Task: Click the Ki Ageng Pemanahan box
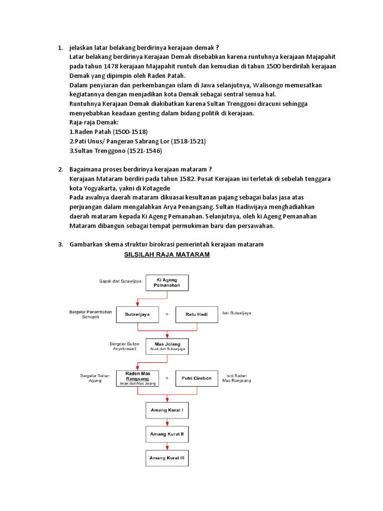tap(167, 283)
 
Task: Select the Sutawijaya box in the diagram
tap(137, 315)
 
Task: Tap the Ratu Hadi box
tap(197, 315)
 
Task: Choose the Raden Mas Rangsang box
tap(137, 378)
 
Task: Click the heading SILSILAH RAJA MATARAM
tap(167, 255)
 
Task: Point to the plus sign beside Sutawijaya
tap(167, 315)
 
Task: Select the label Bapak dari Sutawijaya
tap(120, 281)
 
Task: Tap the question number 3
tap(60, 244)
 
